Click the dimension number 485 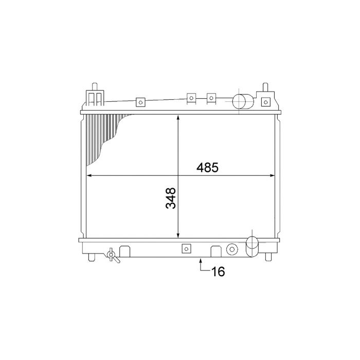pos(207,168)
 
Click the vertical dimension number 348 pos(171,198)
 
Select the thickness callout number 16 pos(218,272)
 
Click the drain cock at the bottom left pos(112,255)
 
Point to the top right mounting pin pos(265,86)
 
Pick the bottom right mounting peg pos(269,256)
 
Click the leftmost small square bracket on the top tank pos(139,102)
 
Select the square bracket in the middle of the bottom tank pos(185,249)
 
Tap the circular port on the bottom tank pos(232,249)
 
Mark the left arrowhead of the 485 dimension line pos(88,176)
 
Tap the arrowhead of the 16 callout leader pos(201,260)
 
